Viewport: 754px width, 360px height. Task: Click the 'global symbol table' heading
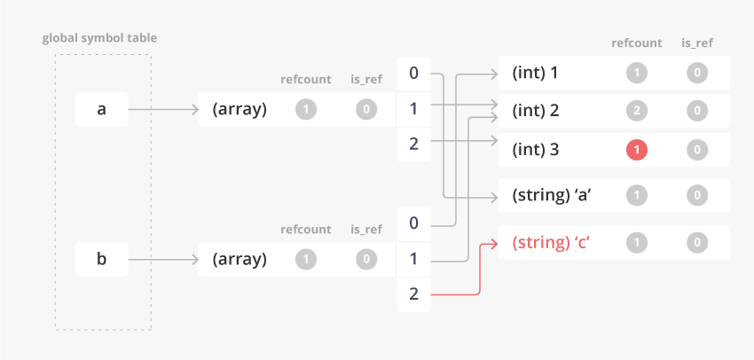click(99, 38)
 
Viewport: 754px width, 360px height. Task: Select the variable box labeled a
click(101, 110)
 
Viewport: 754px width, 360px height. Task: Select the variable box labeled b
click(101, 260)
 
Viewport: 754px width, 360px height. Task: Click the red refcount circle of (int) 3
click(637, 150)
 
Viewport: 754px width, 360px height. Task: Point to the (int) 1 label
click(536, 73)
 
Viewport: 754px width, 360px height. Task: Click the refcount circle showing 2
click(637, 112)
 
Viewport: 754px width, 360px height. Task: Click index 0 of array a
click(413, 73)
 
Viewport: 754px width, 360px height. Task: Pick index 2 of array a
click(413, 144)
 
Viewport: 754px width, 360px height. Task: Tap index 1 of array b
click(413, 259)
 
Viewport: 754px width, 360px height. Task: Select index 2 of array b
click(413, 294)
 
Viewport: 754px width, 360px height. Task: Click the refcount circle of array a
click(305, 110)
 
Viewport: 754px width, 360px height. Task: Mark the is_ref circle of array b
click(366, 260)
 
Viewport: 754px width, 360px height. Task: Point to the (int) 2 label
click(536, 112)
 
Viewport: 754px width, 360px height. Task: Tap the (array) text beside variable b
click(240, 260)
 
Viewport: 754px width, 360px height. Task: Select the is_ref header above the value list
click(698, 43)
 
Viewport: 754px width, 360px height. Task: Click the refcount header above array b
click(305, 230)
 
